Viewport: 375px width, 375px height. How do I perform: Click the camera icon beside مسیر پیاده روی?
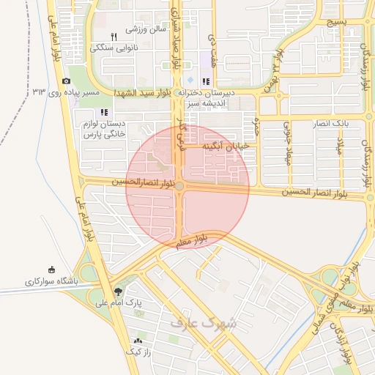66,81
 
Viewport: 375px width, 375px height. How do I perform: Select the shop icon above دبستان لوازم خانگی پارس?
104,112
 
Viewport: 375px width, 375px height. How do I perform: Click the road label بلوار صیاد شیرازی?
176,37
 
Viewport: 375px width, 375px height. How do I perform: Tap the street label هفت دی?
212,45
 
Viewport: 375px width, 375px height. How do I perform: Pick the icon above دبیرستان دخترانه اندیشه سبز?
207,81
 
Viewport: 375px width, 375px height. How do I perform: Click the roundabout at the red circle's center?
179,187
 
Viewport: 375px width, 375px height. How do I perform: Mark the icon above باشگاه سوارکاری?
51,270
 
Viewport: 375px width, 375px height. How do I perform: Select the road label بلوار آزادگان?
343,341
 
